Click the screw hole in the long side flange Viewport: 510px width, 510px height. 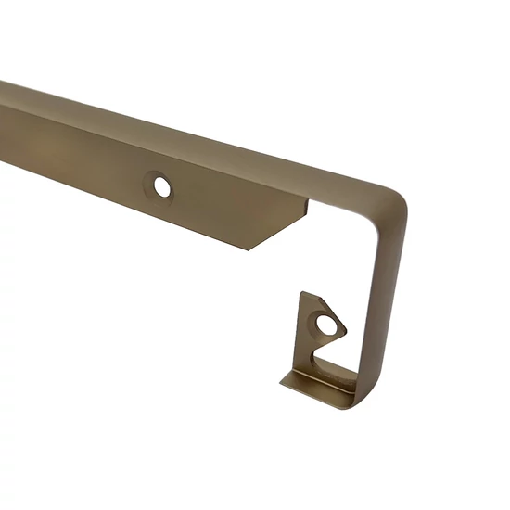[x=162, y=186]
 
